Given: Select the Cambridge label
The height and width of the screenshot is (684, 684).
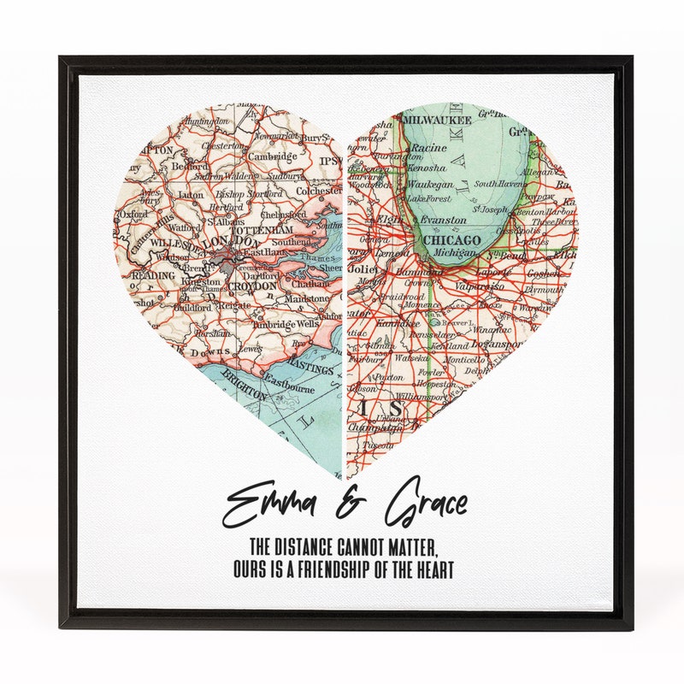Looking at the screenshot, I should point(273,157).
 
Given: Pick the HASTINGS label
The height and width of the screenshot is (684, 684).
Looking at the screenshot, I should point(312,369).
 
